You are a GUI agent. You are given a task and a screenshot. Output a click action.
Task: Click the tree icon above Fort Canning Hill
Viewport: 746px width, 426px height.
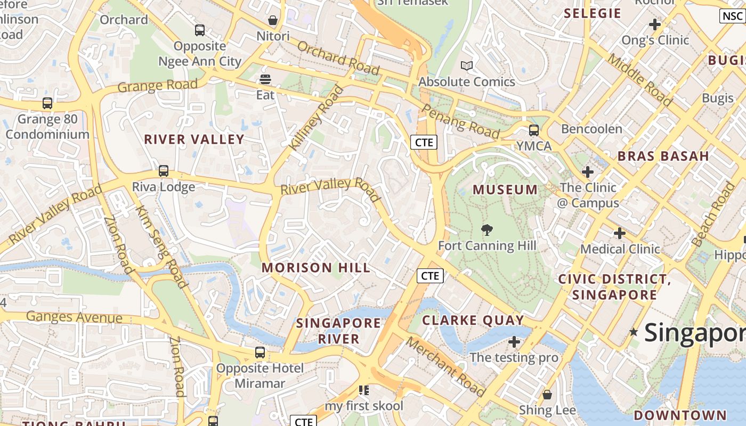pyautogui.click(x=486, y=230)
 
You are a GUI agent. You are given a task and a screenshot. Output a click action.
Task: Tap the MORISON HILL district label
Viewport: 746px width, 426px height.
pyautogui.click(x=316, y=267)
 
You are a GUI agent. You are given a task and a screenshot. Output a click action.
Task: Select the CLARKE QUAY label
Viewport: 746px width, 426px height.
pyautogui.click(x=473, y=320)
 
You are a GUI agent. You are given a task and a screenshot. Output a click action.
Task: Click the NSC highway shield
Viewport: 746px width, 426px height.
pyautogui.click(x=732, y=16)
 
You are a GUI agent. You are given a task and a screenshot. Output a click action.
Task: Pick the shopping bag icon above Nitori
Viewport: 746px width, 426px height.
pyautogui.click(x=273, y=21)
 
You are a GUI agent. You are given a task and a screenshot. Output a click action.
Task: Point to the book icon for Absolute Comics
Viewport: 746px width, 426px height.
pyautogui.click(x=467, y=65)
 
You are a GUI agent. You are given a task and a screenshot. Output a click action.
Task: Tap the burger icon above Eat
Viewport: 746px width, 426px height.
pyautogui.click(x=265, y=80)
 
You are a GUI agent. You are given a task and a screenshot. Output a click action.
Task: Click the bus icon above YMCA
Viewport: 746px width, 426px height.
pyautogui.click(x=533, y=130)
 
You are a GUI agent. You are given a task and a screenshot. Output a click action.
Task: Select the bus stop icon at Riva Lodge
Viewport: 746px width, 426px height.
pyautogui.click(x=164, y=171)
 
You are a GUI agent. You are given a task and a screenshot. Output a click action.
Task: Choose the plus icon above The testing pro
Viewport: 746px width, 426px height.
pyautogui.click(x=514, y=341)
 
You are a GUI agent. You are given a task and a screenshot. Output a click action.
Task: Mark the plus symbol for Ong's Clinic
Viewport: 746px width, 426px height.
pyautogui.click(x=655, y=24)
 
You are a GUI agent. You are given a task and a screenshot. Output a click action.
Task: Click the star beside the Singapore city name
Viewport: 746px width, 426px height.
pyautogui.click(x=634, y=332)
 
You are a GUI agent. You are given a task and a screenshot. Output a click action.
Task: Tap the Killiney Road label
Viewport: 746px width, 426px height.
pyautogui.click(x=316, y=118)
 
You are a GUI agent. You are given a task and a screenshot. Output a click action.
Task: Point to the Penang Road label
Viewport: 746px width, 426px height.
pyautogui.click(x=460, y=121)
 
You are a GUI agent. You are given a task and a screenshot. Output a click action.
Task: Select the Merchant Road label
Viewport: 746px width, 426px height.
pyautogui.click(x=446, y=367)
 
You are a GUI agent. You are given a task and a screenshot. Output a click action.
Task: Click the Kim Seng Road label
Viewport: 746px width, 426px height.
pyautogui.click(x=163, y=246)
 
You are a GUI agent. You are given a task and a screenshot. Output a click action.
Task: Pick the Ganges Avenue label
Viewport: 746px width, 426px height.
pyautogui.click(x=74, y=317)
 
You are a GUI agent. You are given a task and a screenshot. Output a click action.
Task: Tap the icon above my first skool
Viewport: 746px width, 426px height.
pyautogui.click(x=364, y=390)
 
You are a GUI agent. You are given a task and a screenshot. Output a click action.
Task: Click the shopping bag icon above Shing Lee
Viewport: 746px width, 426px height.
pyautogui.click(x=547, y=395)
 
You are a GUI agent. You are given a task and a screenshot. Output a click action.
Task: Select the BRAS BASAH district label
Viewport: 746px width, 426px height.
pyautogui.click(x=663, y=156)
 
